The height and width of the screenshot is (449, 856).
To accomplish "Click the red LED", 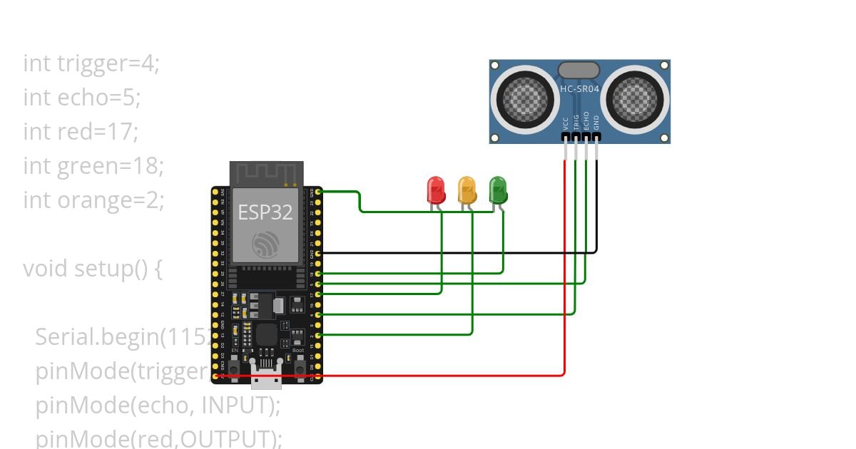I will [x=435, y=190].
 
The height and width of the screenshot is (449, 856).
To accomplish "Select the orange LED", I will [x=467, y=190].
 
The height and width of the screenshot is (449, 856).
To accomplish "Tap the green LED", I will [x=498, y=190].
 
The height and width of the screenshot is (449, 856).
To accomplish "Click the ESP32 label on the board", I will [x=265, y=212].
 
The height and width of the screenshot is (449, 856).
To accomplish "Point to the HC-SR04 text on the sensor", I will [x=579, y=89].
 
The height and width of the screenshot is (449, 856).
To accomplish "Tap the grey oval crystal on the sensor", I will [x=579, y=70].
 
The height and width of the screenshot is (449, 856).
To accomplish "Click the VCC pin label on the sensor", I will [x=565, y=122].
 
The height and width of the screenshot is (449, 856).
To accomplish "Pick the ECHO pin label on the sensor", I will [x=586, y=120].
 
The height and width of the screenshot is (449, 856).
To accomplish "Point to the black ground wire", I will [x=457, y=252].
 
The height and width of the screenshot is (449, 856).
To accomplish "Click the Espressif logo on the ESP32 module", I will [x=265, y=245].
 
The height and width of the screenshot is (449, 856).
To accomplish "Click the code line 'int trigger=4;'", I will [x=91, y=63].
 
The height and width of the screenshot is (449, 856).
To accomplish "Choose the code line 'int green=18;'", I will [x=93, y=166].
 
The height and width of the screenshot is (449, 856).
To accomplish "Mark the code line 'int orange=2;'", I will [x=93, y=200].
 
